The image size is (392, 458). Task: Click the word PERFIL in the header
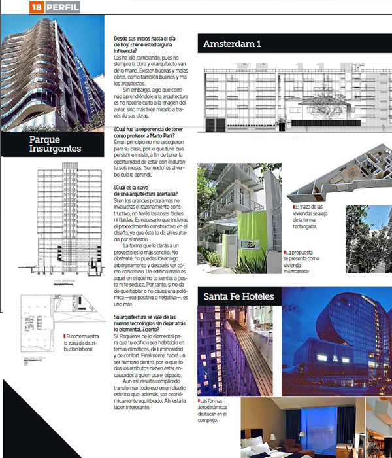point(61,8)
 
